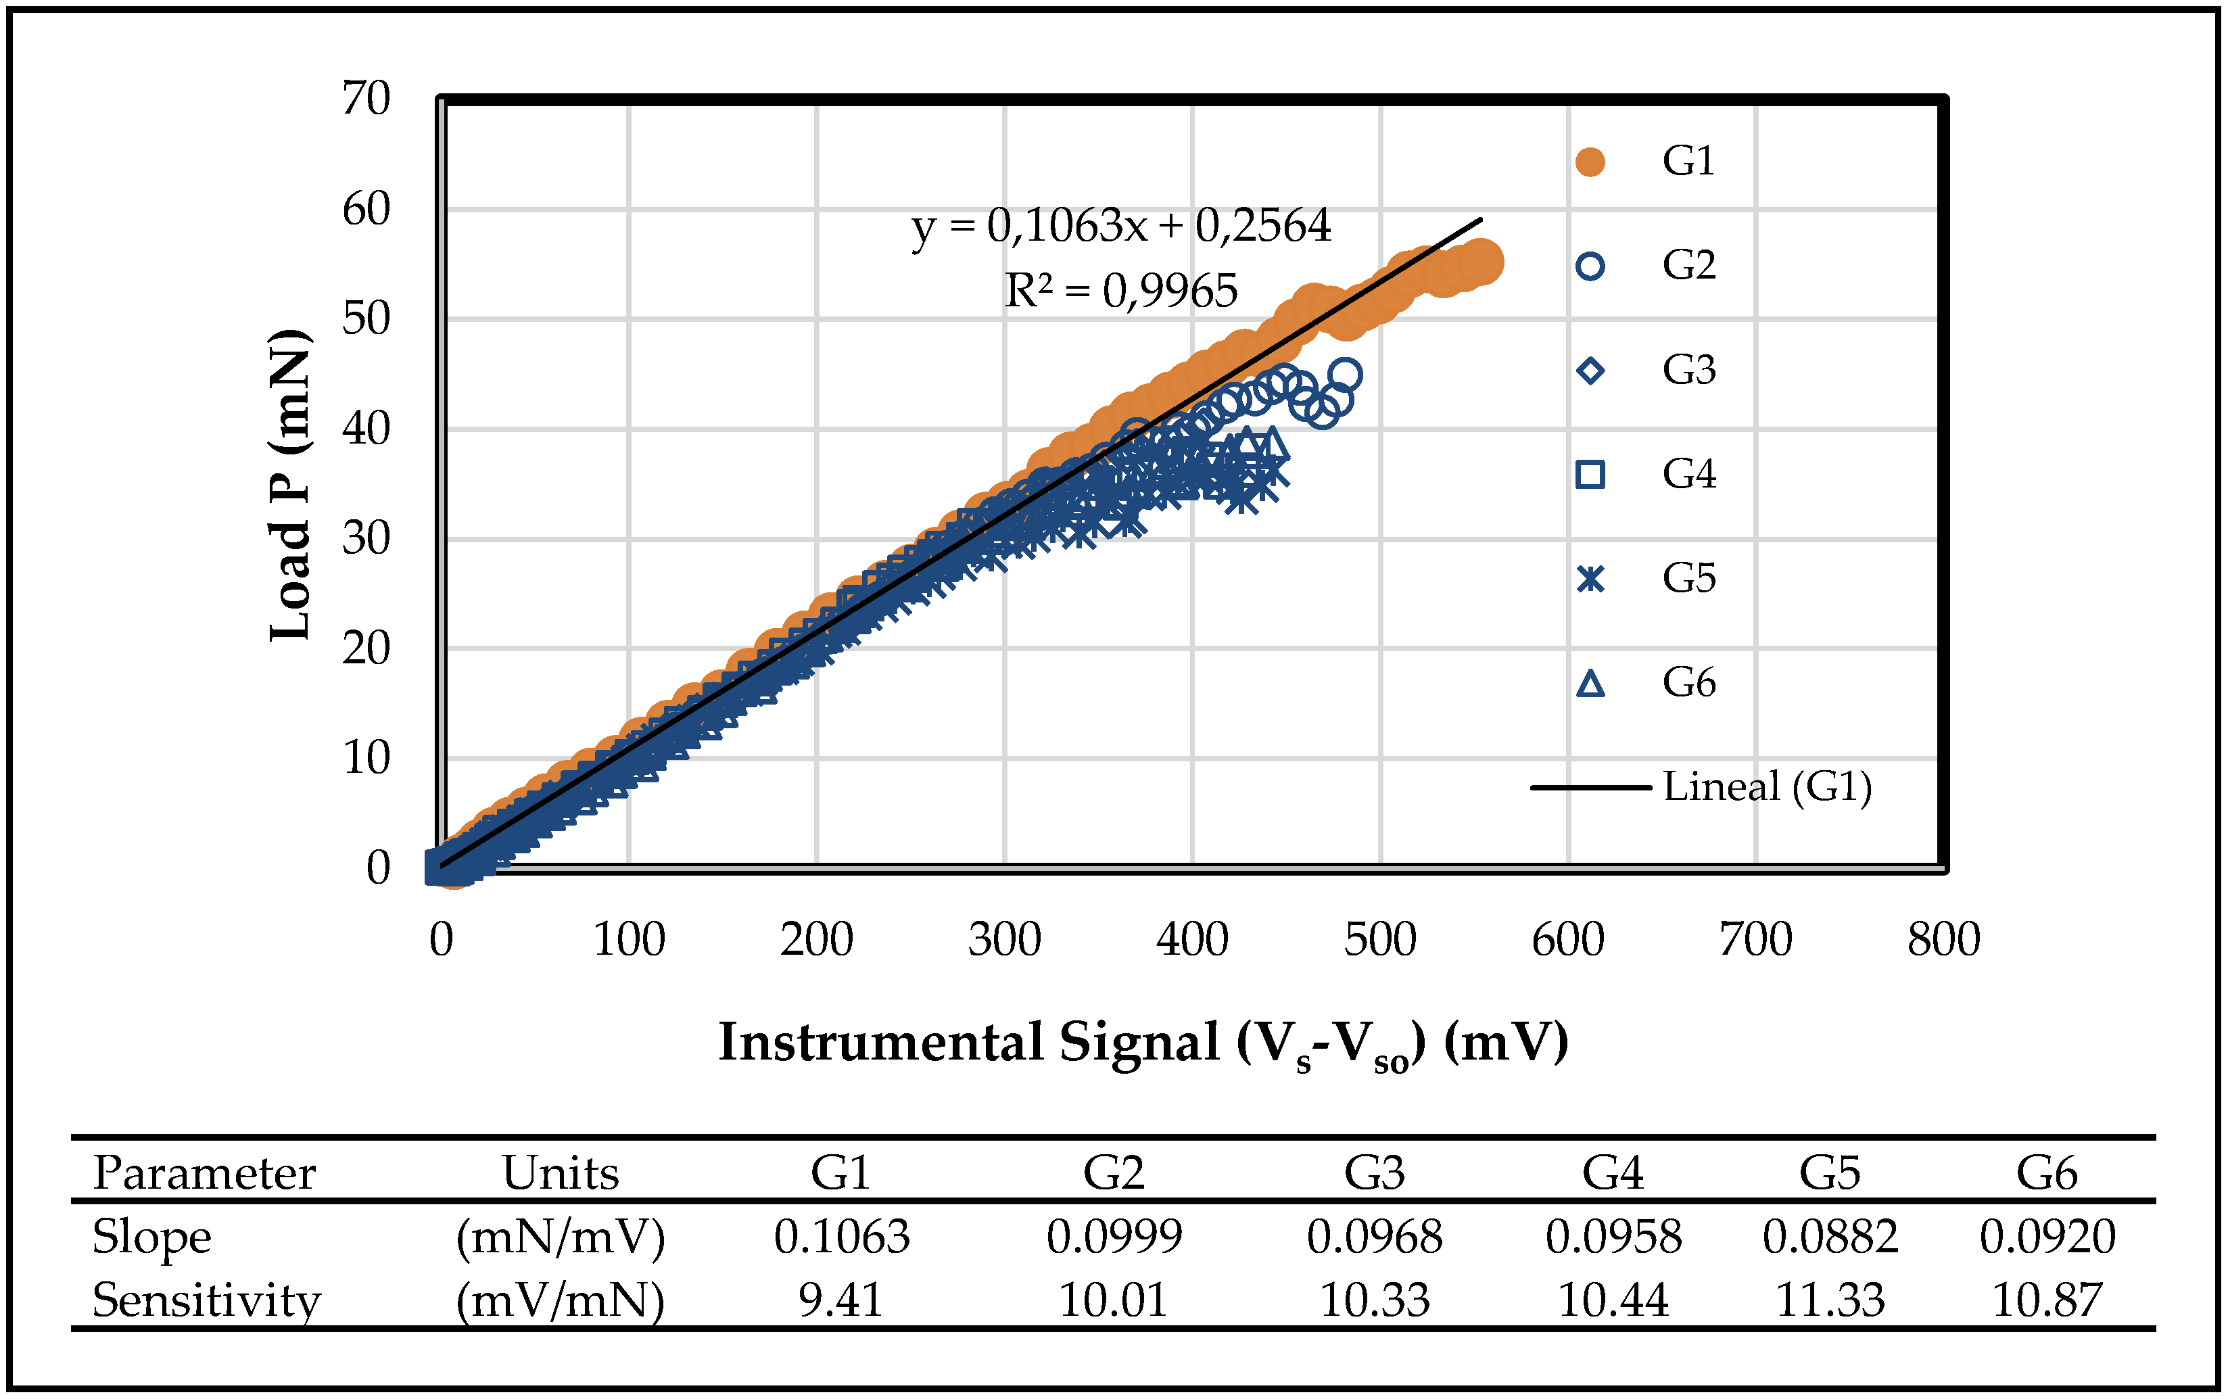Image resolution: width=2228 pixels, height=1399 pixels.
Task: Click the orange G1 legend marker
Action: click(x=1590, y=162)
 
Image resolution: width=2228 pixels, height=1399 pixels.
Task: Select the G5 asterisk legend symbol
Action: click(x=1590, y=579)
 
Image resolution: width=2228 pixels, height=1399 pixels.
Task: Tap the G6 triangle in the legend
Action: click(x=1590, y=684)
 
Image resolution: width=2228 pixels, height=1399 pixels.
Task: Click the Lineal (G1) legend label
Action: click(x=1766, y=787)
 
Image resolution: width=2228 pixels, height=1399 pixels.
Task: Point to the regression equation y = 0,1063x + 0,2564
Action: click(x=1120, y=226)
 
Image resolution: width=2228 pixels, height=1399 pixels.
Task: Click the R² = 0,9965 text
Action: click(x=1120, y=291)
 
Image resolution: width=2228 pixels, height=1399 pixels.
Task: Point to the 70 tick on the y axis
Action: click(x=366, y=98)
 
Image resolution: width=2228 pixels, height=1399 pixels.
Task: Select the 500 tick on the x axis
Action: click(x=1379, y=940)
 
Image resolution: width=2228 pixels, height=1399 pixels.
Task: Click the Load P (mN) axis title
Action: click(x=289, y=484)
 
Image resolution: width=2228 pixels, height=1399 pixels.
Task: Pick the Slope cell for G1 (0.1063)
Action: click(x=841, y=1237)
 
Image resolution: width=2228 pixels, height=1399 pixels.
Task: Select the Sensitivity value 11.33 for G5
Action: click(x=1829, y=1300)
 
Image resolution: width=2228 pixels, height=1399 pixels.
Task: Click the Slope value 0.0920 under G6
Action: click(x=2047, y=1237)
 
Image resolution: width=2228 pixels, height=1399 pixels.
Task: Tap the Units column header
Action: click(x=560, y=1173)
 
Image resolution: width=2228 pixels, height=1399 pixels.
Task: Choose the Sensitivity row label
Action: click(x=206, y=1300)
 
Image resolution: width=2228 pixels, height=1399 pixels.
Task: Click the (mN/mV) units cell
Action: click(x=560, y=1237)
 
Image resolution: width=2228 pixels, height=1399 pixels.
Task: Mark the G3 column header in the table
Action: click(x=1374, y=1173)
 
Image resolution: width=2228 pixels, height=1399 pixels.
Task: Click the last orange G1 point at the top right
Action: click(x=1482, y=262)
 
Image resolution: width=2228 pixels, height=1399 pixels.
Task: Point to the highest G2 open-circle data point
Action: click(x=1346, y=375)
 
